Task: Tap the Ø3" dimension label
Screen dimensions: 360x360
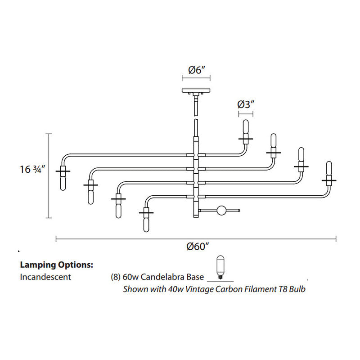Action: coord(246,104)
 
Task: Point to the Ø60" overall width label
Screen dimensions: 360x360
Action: coord(196,247)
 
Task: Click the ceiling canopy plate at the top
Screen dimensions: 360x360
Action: coord(196,90)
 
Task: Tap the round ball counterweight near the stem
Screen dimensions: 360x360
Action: coord(221,210)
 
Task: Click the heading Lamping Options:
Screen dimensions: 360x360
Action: coord(56,265)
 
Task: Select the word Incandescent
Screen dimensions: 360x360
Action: coord(45,277)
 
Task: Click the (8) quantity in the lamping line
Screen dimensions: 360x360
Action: coord(115,277)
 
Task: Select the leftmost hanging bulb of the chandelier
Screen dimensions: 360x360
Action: coord(63,180)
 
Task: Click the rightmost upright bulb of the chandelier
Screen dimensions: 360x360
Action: coord(329,170)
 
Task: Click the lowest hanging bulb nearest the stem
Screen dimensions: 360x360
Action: coord(146,221)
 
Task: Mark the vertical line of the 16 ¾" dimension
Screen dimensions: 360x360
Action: coord(49,175)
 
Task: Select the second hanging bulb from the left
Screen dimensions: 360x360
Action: coord(90,193)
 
